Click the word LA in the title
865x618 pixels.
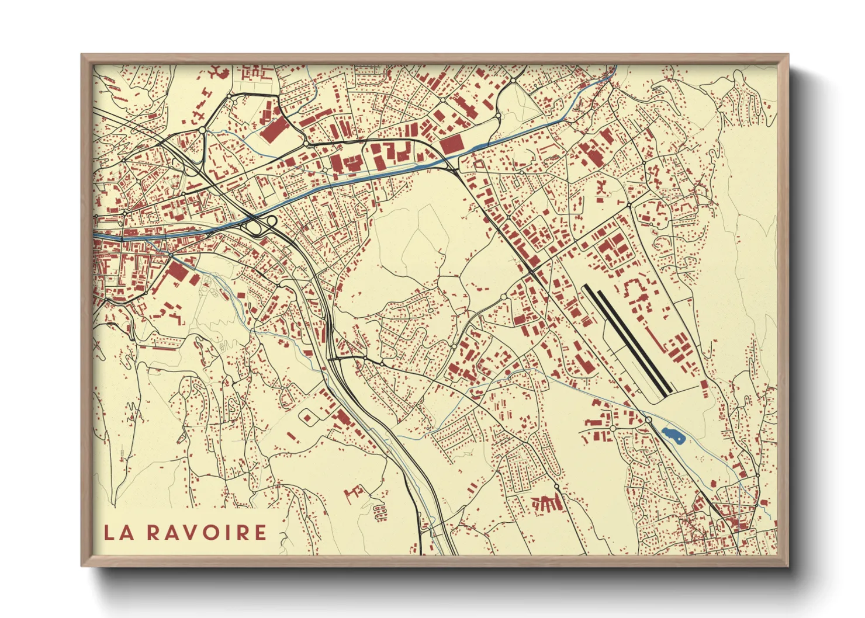click(117, 532)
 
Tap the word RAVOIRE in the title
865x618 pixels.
click(206, 532)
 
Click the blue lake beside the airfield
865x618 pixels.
click(673, 435)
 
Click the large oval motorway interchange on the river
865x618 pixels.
click(254, 226)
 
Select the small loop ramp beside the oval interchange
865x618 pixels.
click(271, 221)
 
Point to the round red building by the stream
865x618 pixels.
click(507, 372)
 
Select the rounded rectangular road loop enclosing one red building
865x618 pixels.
click(308, 416)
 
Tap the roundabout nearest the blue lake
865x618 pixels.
click(648, 420)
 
